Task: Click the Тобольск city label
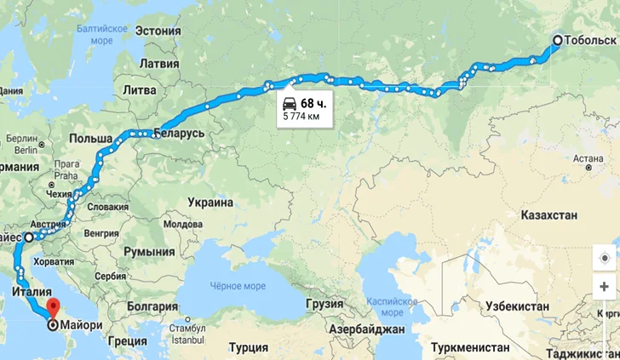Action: click(588, 40)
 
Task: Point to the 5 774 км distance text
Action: click(303, 116)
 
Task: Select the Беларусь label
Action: click(179, 134)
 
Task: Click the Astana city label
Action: click(588, 157)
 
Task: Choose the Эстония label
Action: click(158, 32)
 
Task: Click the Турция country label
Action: click(249, 347)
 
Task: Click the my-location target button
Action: click(606, 258)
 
